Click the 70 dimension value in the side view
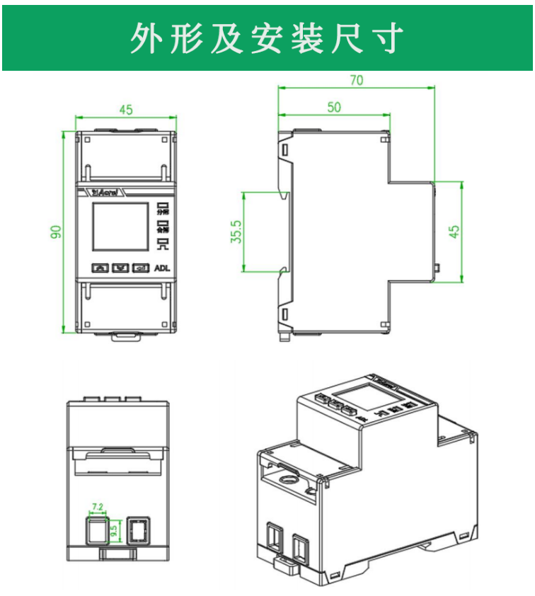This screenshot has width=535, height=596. (356, 80)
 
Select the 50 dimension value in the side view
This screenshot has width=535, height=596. (334, 107)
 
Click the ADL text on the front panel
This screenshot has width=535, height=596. (163, 268)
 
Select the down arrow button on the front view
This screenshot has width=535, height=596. (121, 268)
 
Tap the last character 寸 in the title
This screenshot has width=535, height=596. (390, 38)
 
